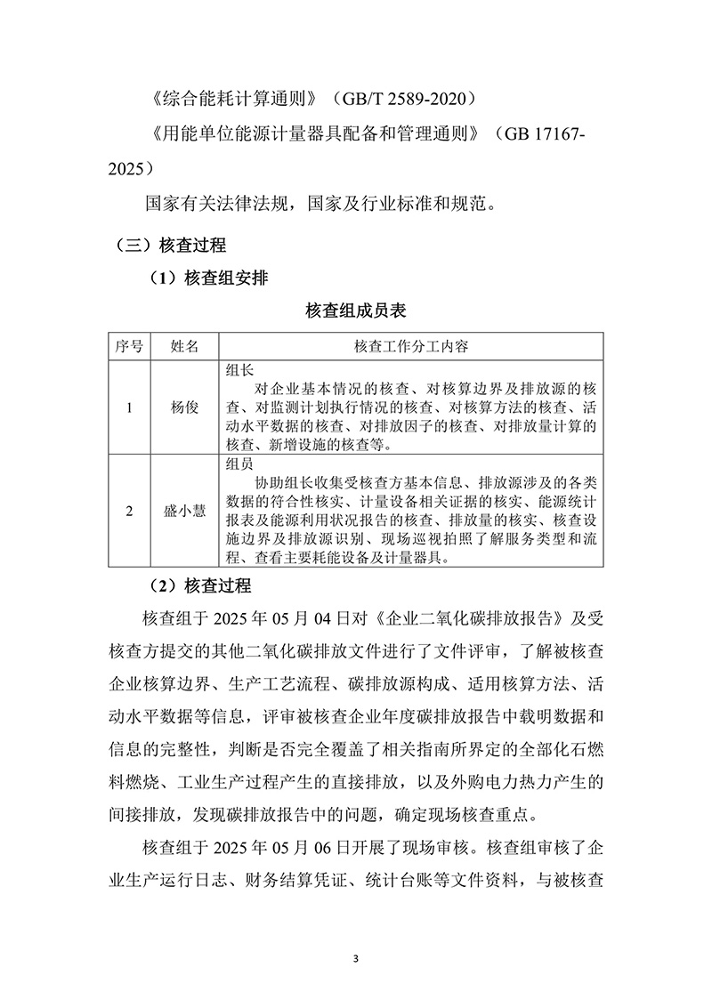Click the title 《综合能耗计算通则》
[x=234, y=95]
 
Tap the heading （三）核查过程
[x=172, y=244]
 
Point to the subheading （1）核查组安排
[x=211, y=278]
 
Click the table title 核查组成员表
[x=356, y=310]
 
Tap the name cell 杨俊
[x=183, y=407]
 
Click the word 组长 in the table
[x=240, y=369]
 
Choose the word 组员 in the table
[x=240, y=464]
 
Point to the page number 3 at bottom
[x=356, y=959]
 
